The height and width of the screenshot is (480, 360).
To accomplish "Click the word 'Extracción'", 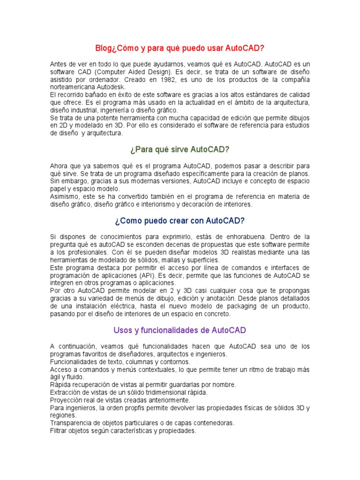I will point(66,392).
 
